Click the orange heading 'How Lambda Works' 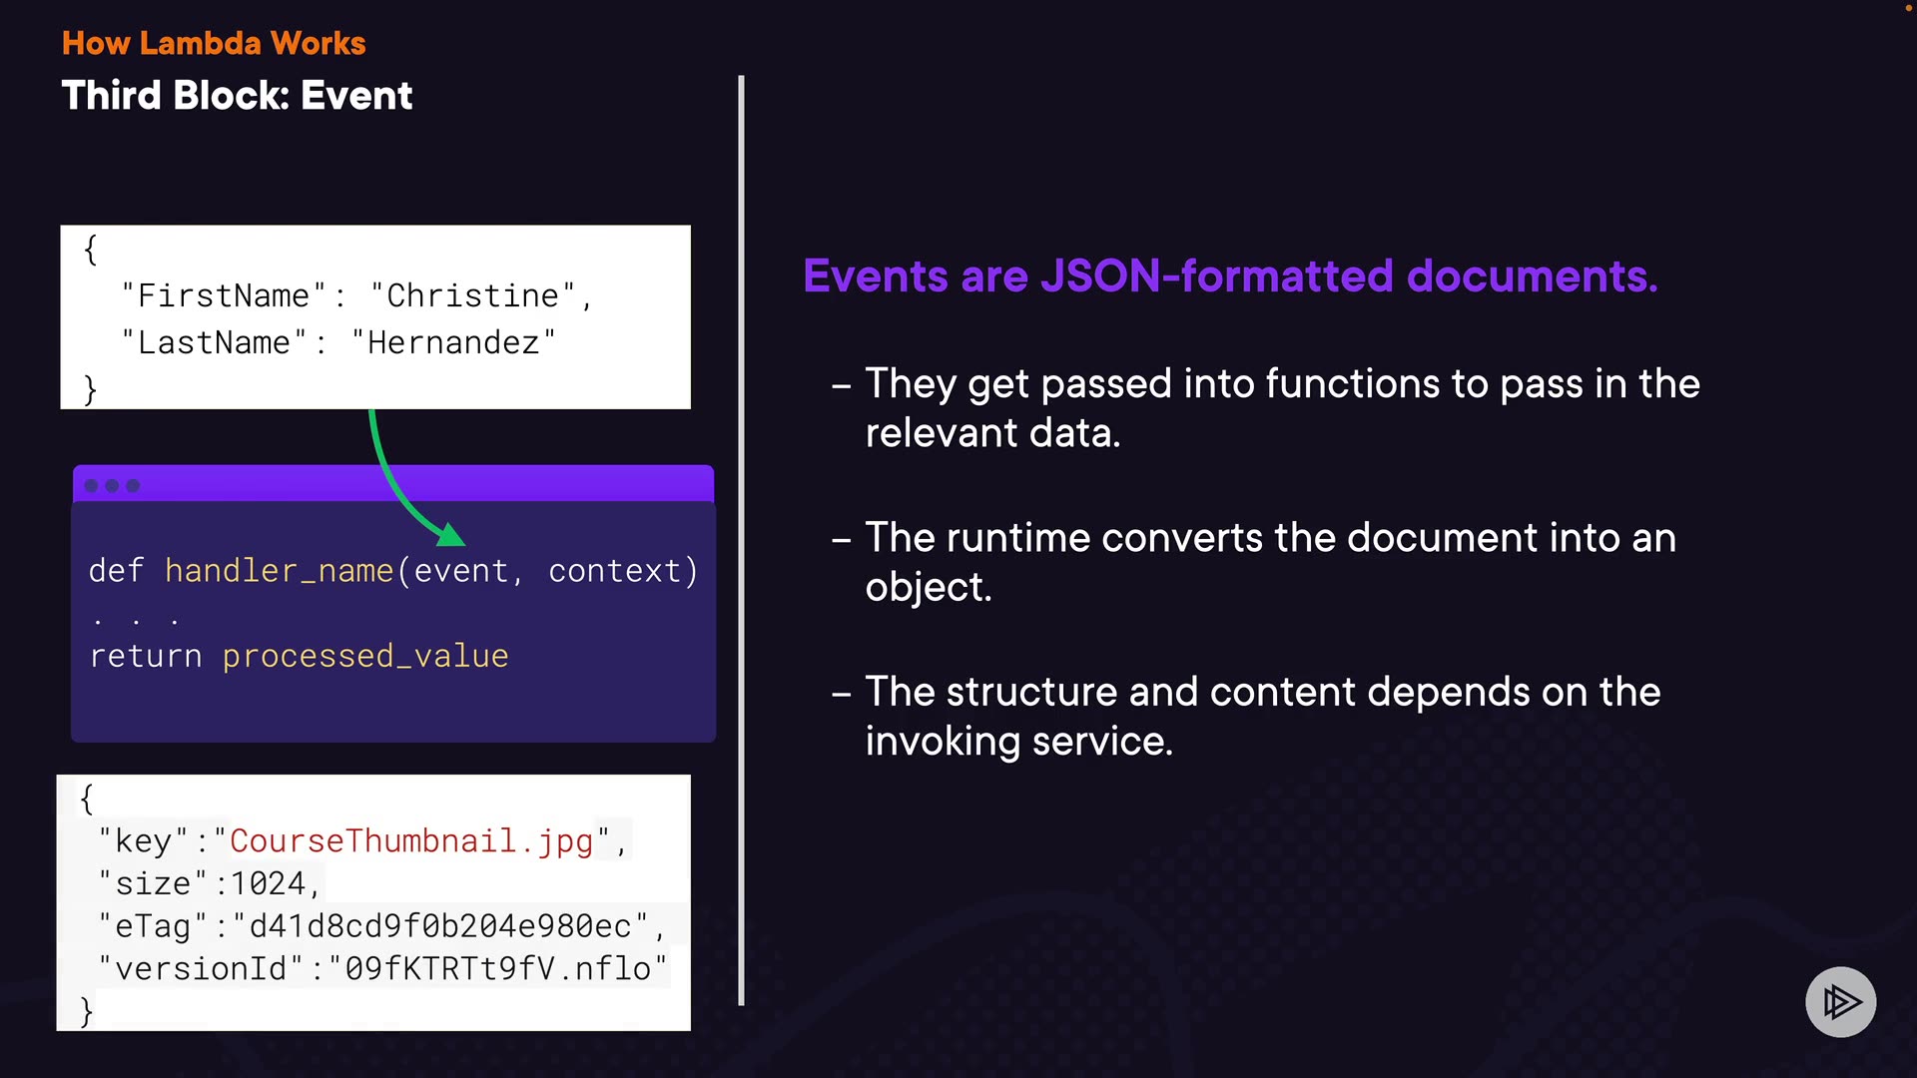[x=214, y=43]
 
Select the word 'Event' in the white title [x=356, y=96]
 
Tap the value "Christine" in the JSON [x=472, y=295]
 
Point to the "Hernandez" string [x=453, y=342]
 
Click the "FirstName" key [x=224, y=295]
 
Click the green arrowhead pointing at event [x=451, y=535]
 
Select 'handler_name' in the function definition [x=280, y=571]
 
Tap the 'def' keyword [x=116, y=571]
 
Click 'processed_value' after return [x=365, y=656]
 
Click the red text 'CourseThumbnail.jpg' [x=411, y=840]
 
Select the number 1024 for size [x=268, y=883]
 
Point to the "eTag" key [x=153, y=926]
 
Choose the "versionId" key [x=201, y=968]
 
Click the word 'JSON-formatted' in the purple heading [x=1216, y=276]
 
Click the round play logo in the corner [x=1840, y=1001]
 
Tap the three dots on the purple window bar [x=112, y=486]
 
